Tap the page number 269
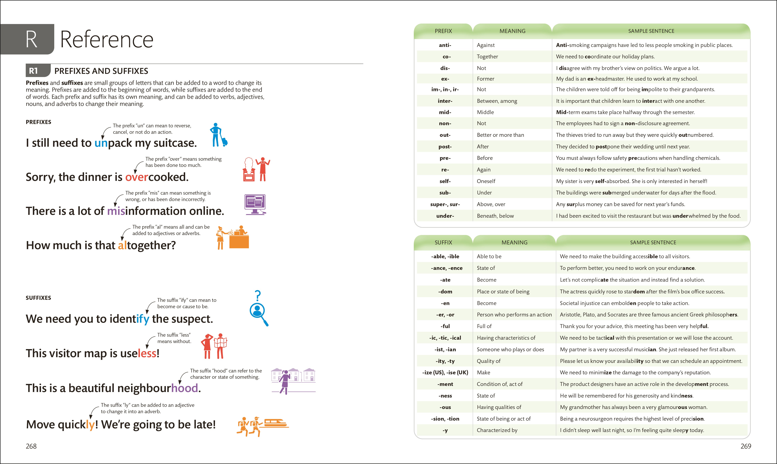click(x=746, y=446)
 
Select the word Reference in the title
click(x=106, y=40)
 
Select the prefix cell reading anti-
click(x=445, y=45)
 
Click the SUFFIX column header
click(x=443, y=242)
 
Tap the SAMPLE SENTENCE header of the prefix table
click(x=651, y=31)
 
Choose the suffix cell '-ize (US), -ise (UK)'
click(x=445, y=372)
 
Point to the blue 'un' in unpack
click(x=101, y=143)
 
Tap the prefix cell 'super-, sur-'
click(x=445, y=204)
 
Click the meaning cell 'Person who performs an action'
click(x=514, y=315)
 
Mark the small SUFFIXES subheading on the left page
click(x=38, y=298)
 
